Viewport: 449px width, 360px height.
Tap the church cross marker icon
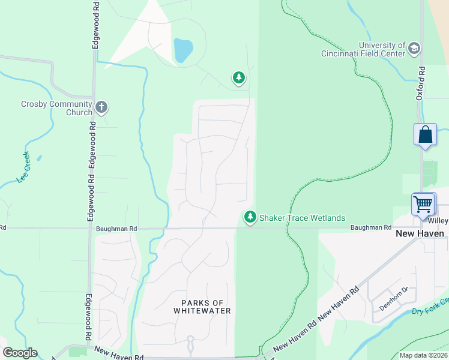[101, 108]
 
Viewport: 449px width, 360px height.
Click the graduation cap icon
[414, 49]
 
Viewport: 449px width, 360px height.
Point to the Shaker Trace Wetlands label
[303, 218]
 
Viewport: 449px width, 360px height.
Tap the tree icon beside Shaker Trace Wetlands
[250, 217]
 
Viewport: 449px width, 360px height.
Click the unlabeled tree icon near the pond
[239, 77]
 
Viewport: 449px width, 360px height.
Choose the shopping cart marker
[423, 204]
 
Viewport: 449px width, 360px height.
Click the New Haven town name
[421, 233]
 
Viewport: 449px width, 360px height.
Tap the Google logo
[20, 353]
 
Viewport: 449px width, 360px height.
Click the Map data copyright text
[423, 355]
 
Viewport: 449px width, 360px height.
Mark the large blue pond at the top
[183, 50]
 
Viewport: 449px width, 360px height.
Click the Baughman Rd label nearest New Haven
[371, 228]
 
